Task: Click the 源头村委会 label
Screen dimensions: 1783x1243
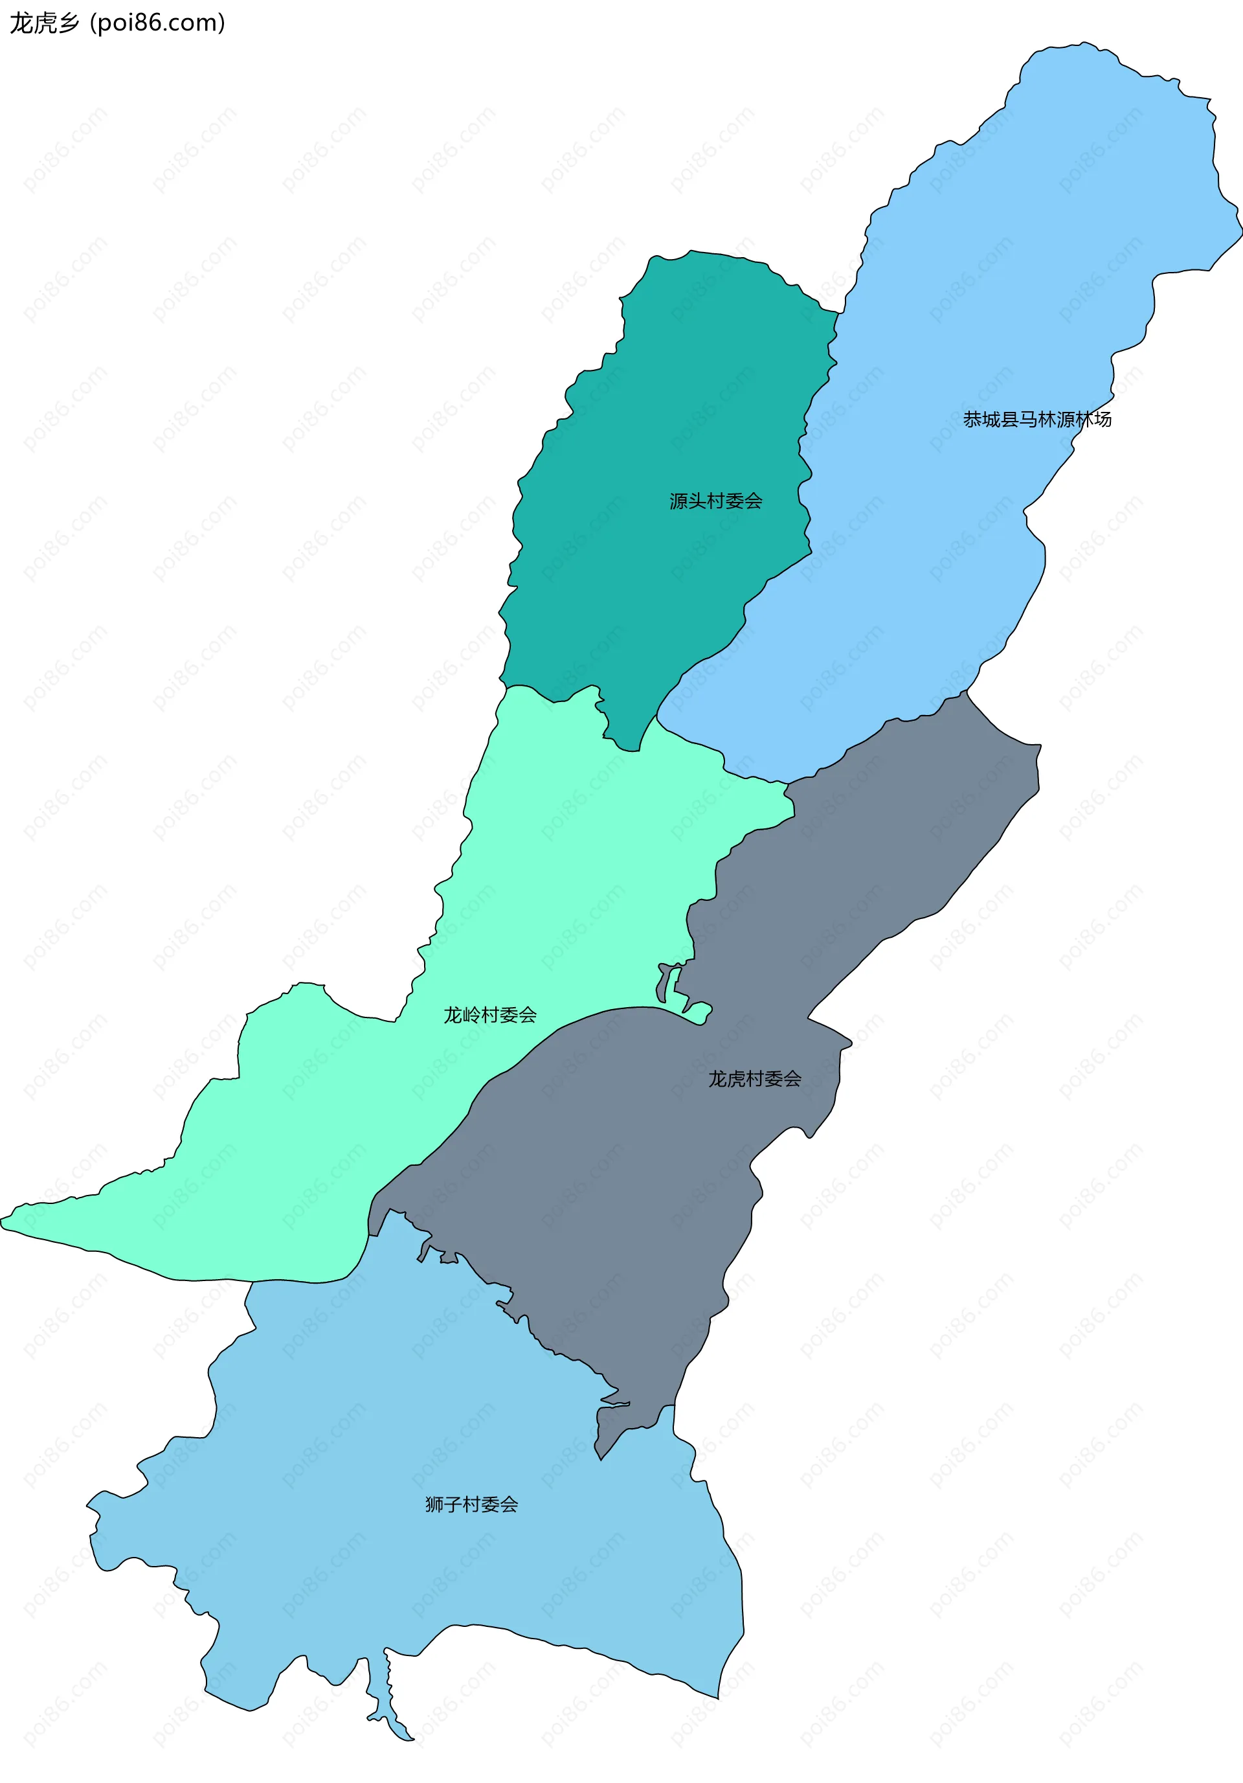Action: [x=716, y=501]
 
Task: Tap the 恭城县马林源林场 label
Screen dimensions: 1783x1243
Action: [x=1036, y=419]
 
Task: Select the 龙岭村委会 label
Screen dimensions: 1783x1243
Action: [x=490, y=1015]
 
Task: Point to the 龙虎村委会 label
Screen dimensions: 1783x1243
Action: [x=755, y=1078]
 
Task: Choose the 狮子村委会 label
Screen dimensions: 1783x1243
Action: [x=471, y=1505]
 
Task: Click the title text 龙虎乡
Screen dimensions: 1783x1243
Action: [x=44, y=23]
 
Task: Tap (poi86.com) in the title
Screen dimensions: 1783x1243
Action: [x=157, y=23]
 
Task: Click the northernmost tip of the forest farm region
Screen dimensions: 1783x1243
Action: [x=1083, y=45]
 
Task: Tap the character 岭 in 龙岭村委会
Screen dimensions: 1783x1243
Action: [x=471, y=1015]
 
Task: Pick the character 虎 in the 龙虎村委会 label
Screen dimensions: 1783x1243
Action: [x=736, y=1078]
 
